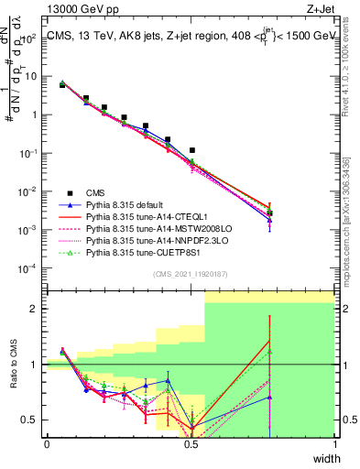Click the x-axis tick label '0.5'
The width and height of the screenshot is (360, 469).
(191, 444)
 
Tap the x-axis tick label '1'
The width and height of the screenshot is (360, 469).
(334, 444)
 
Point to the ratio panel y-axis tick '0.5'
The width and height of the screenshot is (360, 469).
(32, 420)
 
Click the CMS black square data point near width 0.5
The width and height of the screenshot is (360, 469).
(192, 150)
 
